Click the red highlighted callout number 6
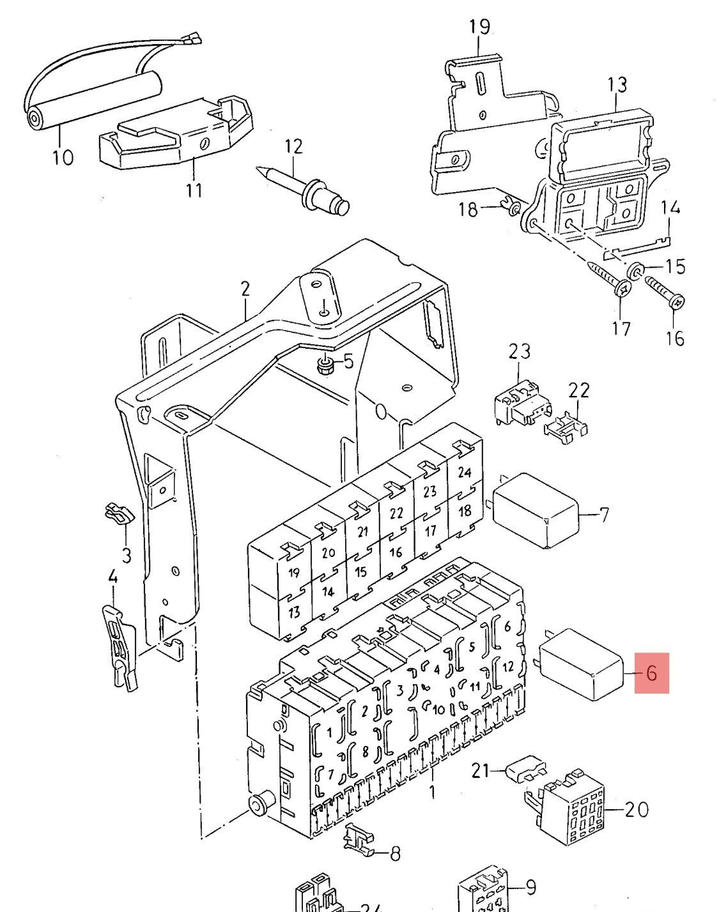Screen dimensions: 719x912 (651, 673)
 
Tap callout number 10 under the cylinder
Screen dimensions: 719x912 (63, 157)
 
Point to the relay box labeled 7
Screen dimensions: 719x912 (536, 511)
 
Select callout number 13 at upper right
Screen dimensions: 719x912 (617, 85)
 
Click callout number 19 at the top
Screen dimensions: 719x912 (480, 26)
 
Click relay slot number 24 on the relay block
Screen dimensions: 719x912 (465, 472)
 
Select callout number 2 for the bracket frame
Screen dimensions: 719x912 (245, 289)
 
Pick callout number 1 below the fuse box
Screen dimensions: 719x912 (432, 792)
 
